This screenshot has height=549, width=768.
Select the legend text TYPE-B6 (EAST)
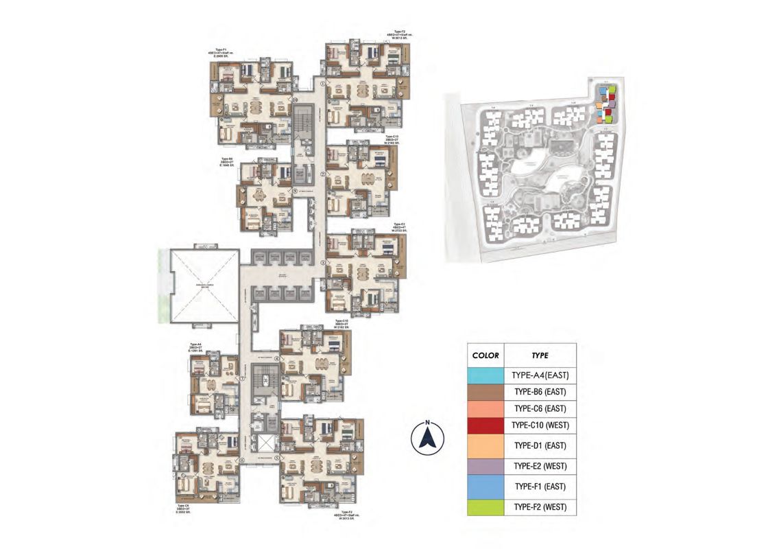[540, 392]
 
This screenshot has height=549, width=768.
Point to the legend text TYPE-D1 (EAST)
[540, 445]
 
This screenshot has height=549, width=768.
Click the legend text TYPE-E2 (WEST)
[540, 467]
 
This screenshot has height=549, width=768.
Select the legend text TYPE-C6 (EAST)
[540, 408]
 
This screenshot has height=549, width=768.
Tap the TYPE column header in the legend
[540, 355]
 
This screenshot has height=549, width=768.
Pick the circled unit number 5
[277, 458]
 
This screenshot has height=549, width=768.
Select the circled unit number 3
[322, 263]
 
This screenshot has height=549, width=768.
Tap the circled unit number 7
[242, 379]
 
